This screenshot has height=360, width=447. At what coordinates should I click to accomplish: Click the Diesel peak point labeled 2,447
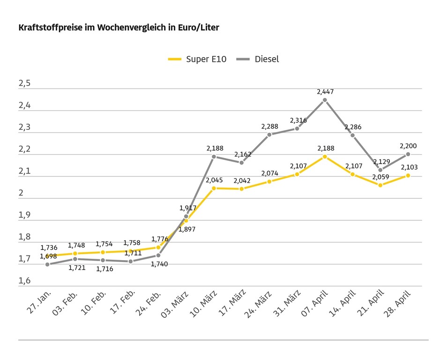[325, 100]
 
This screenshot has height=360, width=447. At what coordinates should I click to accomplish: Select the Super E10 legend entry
[197, 59]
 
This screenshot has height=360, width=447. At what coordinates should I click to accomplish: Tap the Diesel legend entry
[258, 59]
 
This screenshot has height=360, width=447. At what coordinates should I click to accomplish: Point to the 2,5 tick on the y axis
[24, 84]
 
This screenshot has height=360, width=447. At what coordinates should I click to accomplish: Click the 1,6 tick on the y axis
[24, 281]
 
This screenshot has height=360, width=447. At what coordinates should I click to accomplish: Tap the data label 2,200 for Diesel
[408, 146]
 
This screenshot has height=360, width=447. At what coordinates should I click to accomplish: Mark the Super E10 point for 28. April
[408, 175]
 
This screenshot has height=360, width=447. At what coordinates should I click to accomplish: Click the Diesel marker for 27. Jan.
[47, 264]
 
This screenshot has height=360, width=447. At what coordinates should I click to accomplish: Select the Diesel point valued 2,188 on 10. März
[214, 157]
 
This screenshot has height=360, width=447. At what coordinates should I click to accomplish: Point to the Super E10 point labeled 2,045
[214, 188]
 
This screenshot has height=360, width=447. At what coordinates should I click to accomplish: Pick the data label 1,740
[159, 264]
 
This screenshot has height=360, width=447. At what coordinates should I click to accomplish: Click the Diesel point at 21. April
[380, 170]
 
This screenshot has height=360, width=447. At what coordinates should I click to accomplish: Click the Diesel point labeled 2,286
[352, 135]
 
